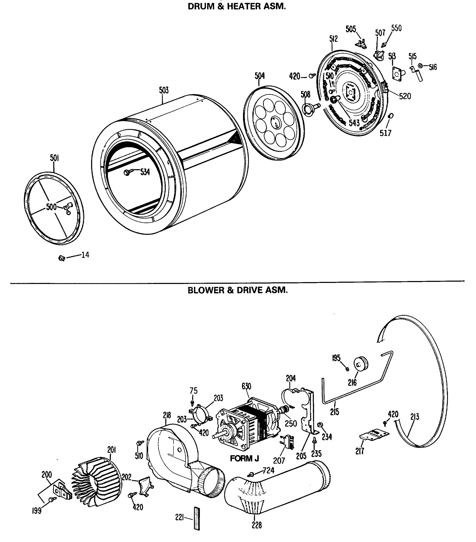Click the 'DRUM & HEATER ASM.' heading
coord(237,6)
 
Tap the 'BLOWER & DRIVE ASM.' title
coord(238,290)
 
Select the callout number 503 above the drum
coord(164,90)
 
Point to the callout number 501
coord(54,158)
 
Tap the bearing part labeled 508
coord(309,109)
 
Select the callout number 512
coord(333,39)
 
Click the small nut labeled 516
coord(420,65)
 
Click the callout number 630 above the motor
coord(246,386)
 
